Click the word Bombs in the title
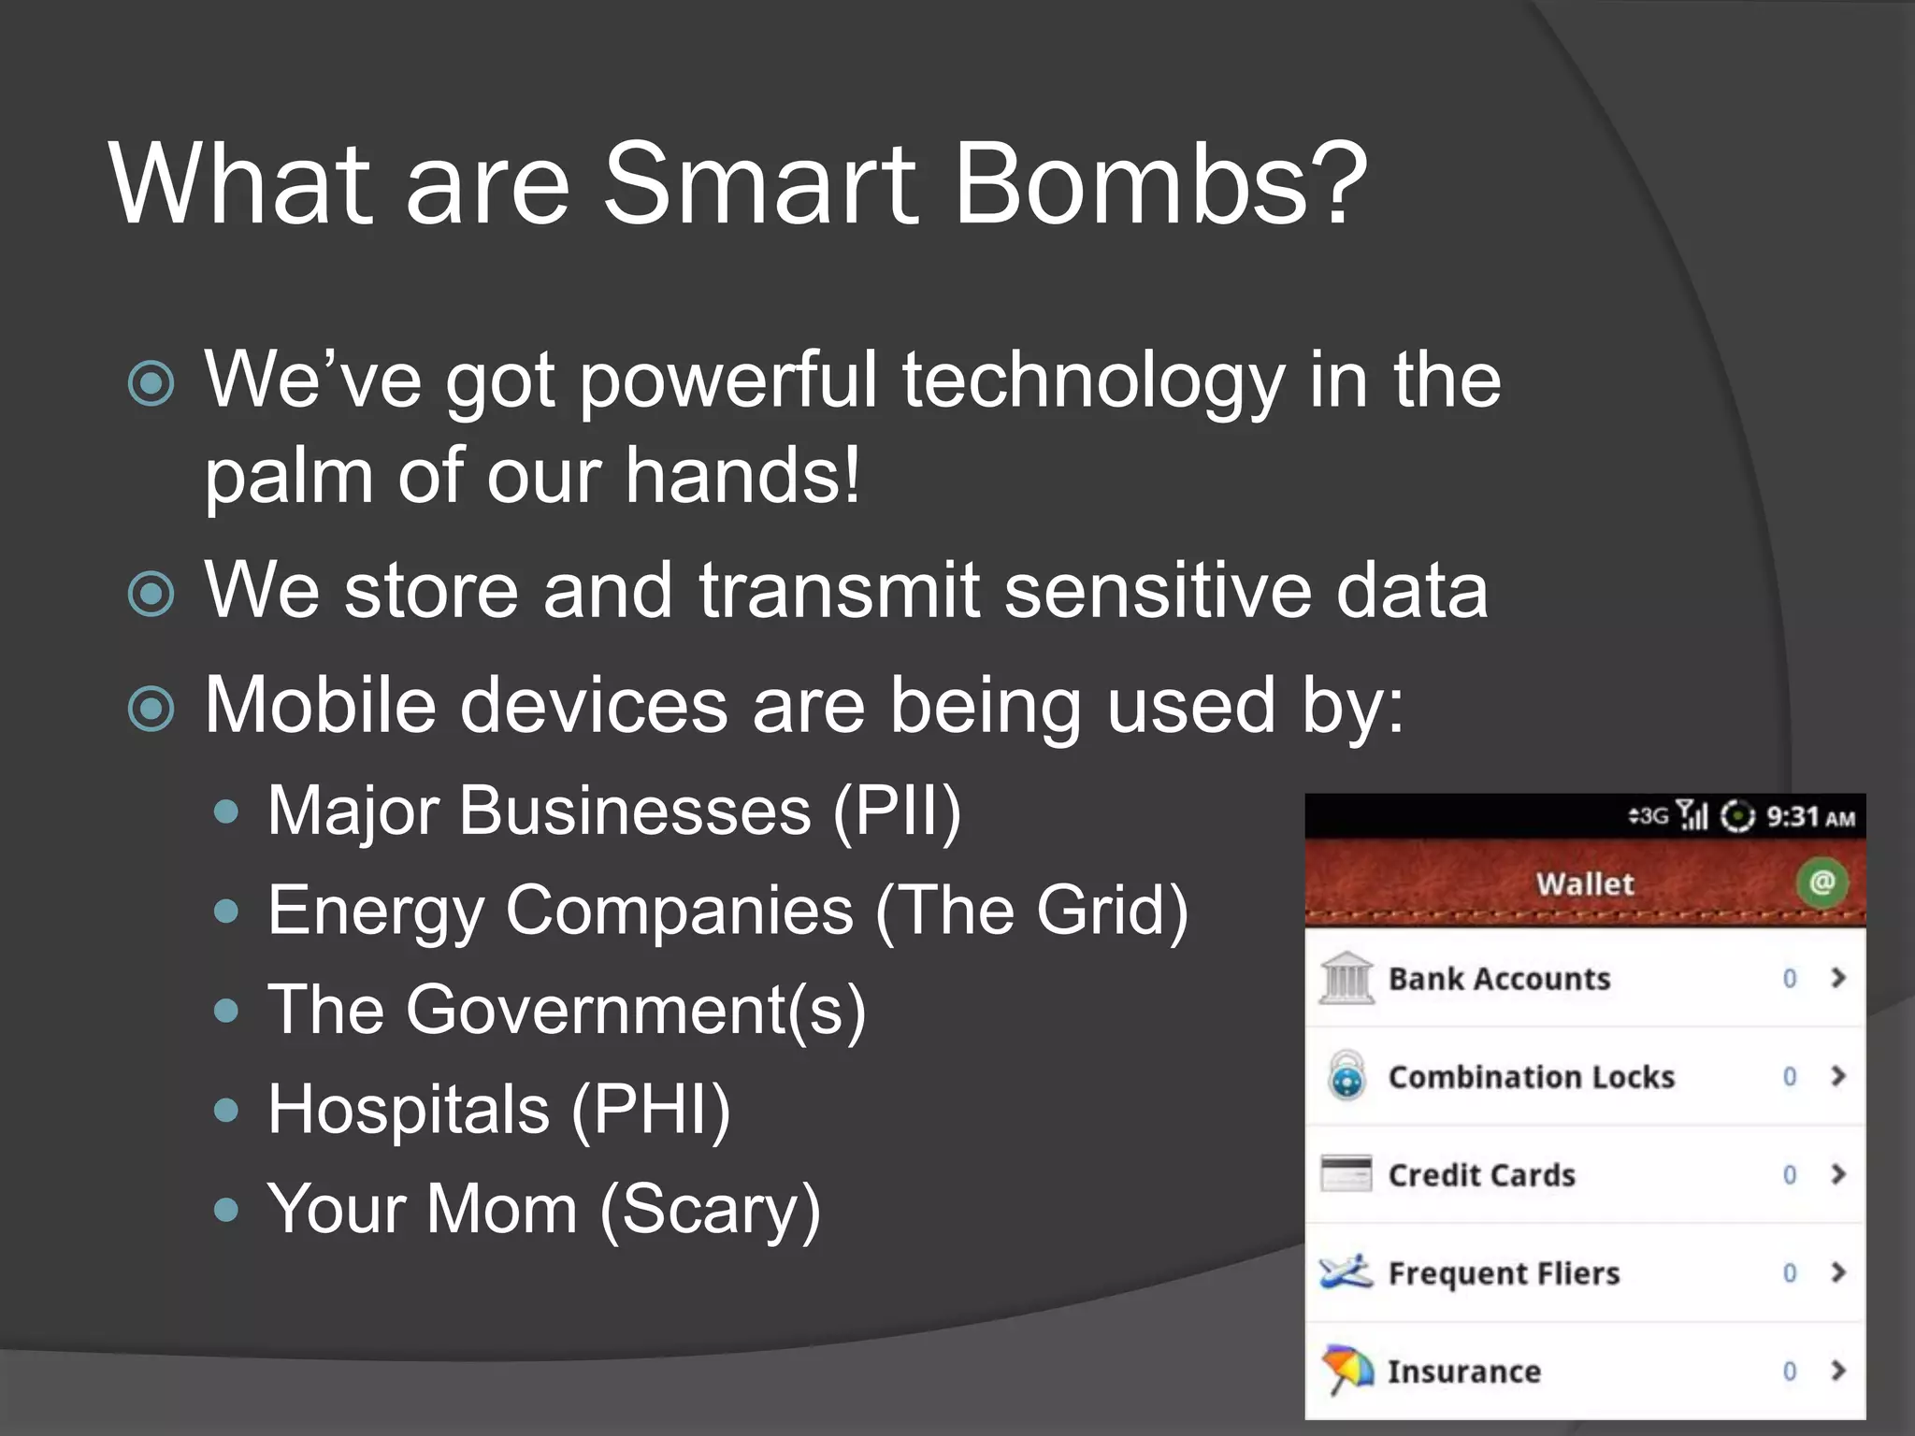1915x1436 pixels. coord(1159,184)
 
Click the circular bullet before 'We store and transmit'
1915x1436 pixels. coord(151,594)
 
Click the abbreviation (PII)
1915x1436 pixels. coord(897,811)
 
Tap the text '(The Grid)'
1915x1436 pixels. coord(1032,911)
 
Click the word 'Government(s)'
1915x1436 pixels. coord(636,1011)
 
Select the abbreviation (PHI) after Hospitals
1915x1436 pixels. coord(651,1111)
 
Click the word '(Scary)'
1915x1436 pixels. coord(711,1211)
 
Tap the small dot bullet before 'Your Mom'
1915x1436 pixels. coord(225,1211)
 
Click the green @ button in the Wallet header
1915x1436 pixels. coord(1821,882)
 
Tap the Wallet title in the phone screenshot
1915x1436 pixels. coord(1585,883)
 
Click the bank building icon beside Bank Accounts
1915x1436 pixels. coord(1346,978)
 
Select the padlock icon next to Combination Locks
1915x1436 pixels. coord(1346,1076)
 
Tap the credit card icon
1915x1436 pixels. coord(1346,1174)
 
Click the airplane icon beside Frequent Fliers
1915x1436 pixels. coord(1346,1272)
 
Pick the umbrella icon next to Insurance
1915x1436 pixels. coord(1346,1371)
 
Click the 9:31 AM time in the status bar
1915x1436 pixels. coord(1810,817)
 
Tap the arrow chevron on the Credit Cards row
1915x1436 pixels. coord(1838,1174)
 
